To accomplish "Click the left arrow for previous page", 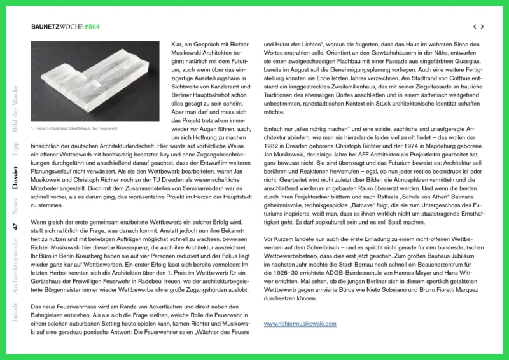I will coord(474,27).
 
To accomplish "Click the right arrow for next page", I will coord(483,27).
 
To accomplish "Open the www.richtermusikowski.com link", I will coord(300,324).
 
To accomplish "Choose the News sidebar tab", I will coord(15,207).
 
